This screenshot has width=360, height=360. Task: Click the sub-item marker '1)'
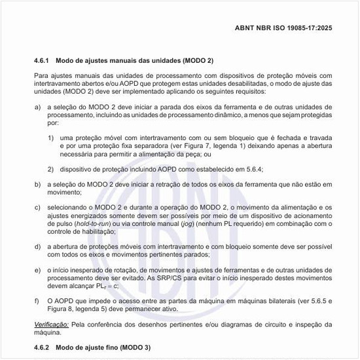pyautogui.click(x=50, y=138)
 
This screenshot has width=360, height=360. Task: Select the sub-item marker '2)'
pyautogui.click(x=50, y=170)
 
